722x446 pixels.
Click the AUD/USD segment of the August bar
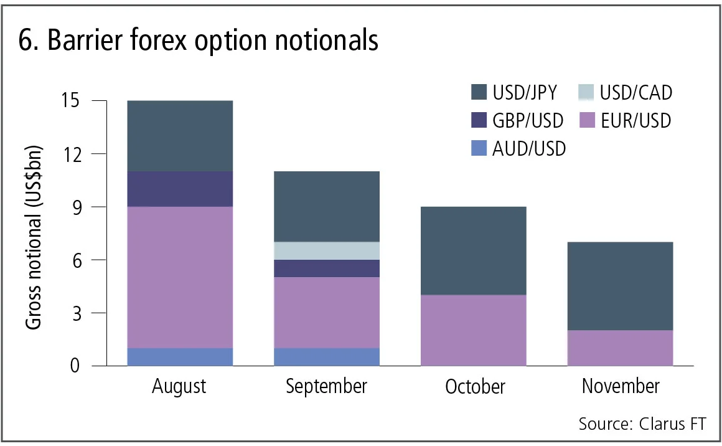[x=179, y=357]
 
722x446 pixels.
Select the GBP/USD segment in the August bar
[x=179, y=189]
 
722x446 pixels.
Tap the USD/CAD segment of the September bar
[x=326, y=251]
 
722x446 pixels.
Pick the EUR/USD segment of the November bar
[x=620, y=348]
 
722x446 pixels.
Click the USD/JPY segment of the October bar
[x=473, y=251]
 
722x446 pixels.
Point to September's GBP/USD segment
[x=326, y=268]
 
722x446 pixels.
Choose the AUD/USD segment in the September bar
[x=326, y=357]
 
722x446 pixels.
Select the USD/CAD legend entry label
[x=635, y=93]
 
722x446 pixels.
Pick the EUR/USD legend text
[x=635, y=120]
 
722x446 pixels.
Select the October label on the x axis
[x=475, y=387]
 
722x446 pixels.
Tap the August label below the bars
[x=179, y=387]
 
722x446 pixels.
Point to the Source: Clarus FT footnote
[x=642, y=424]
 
